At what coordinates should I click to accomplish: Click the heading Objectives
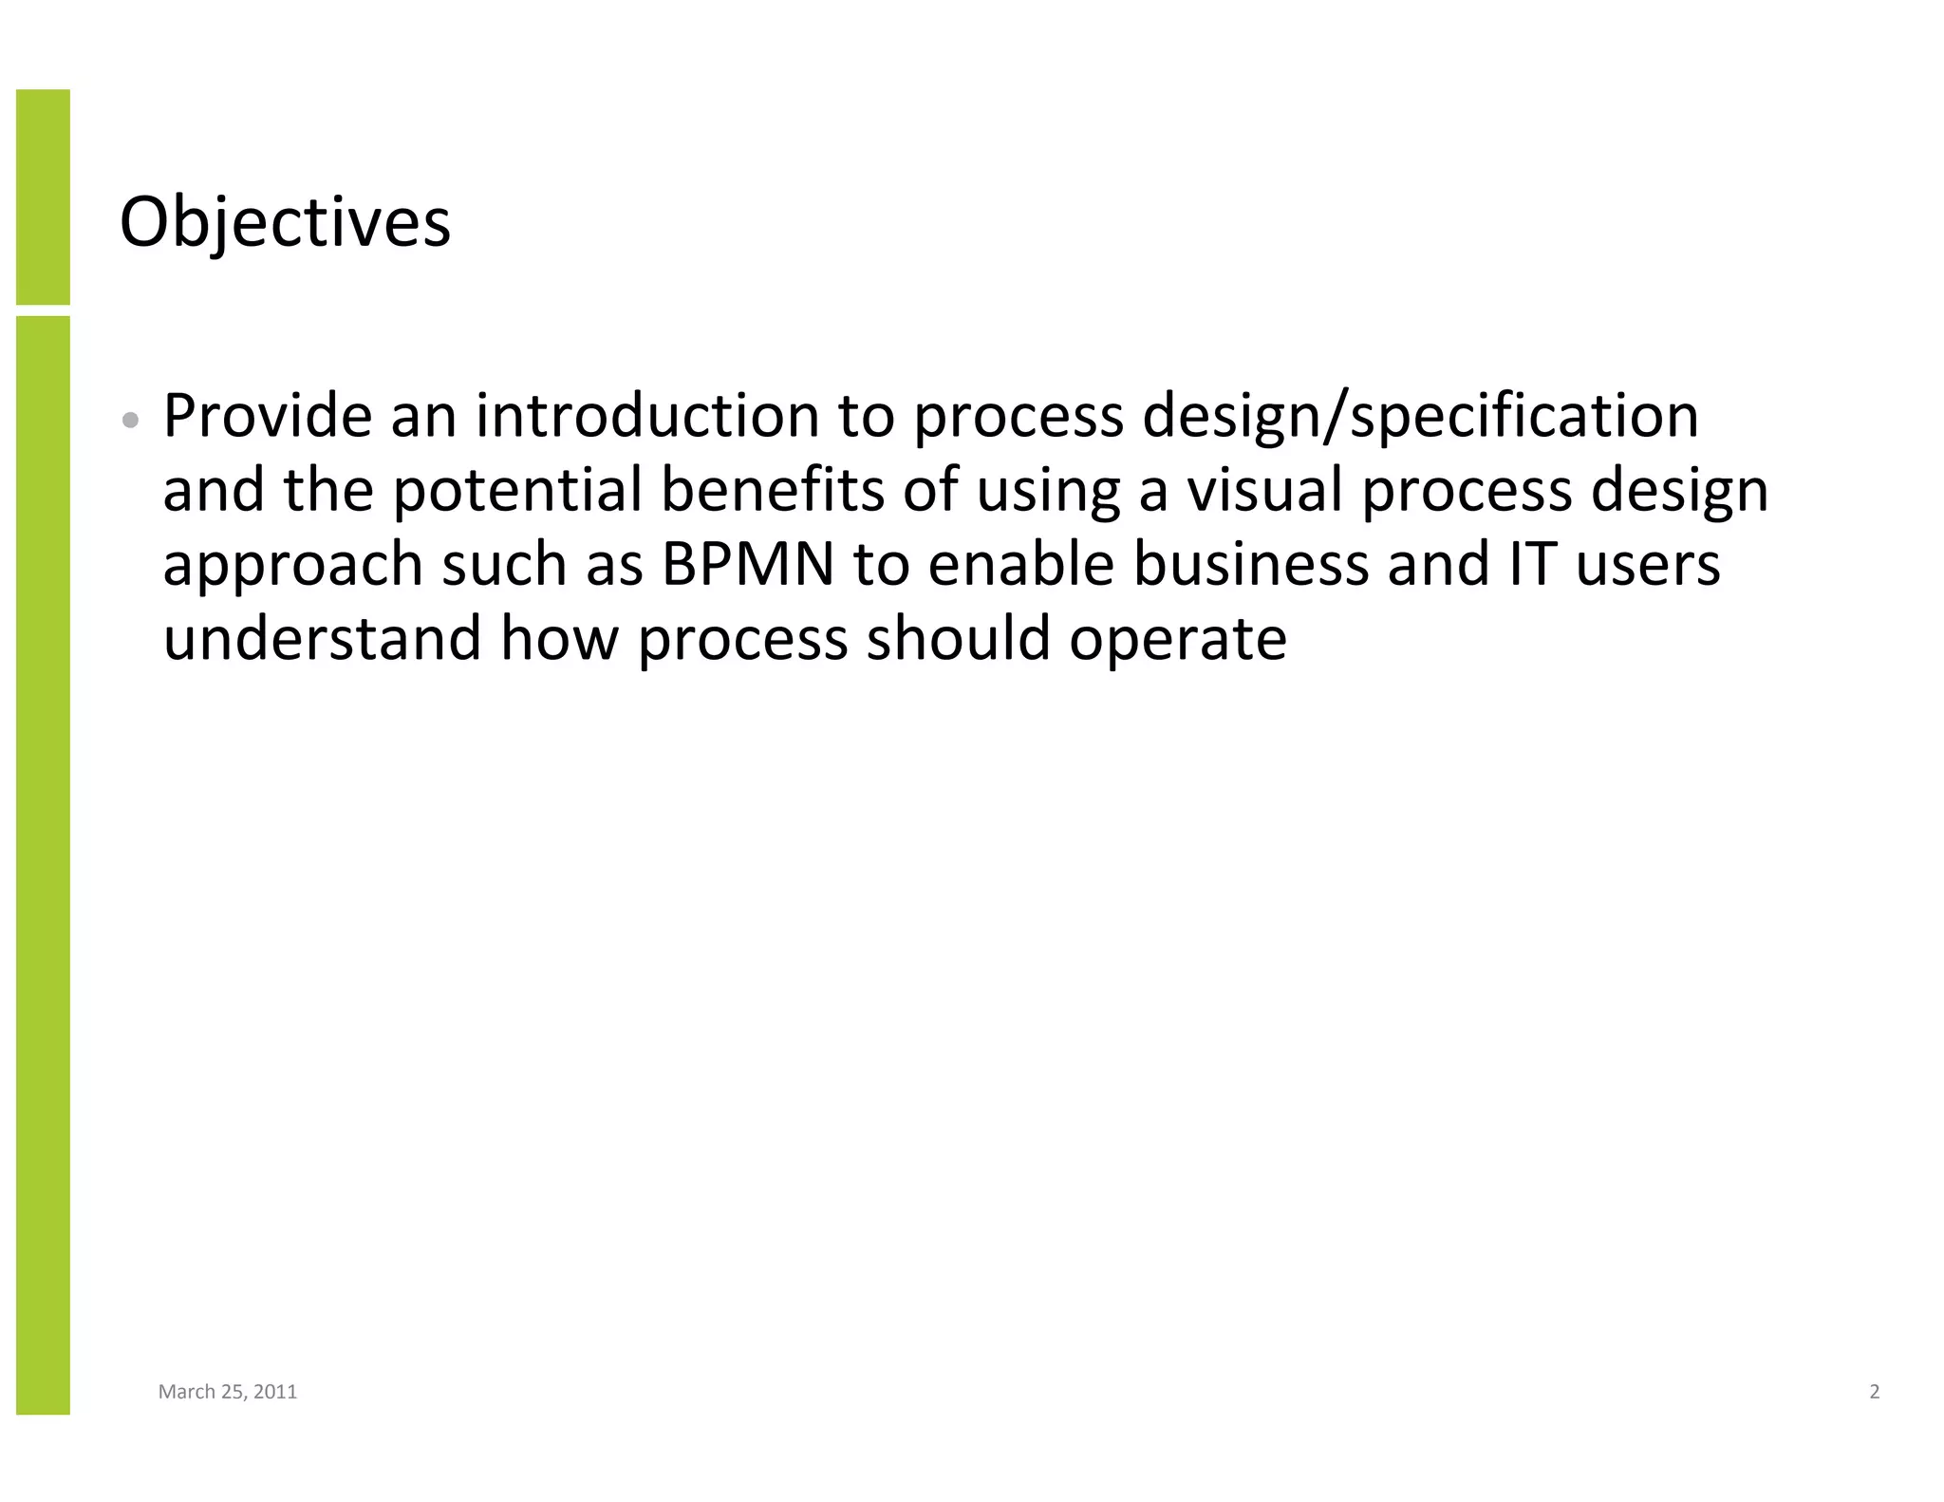pyautogui.click(x=285, y=223)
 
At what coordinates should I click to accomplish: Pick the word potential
pyautogui.click(x=517, y=492)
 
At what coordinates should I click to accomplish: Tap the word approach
pyautogui.click(x=292, y=566)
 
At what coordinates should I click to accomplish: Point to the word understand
pyautogui.click(x=322, y=638)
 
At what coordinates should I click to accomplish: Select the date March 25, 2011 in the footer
pyautogui.click(x=228, y=1392)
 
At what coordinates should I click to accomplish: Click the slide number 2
pyautogui.click(x=1874, y=1392)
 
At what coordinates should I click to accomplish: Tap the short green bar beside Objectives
pyautogui.click(x=43, y=197)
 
